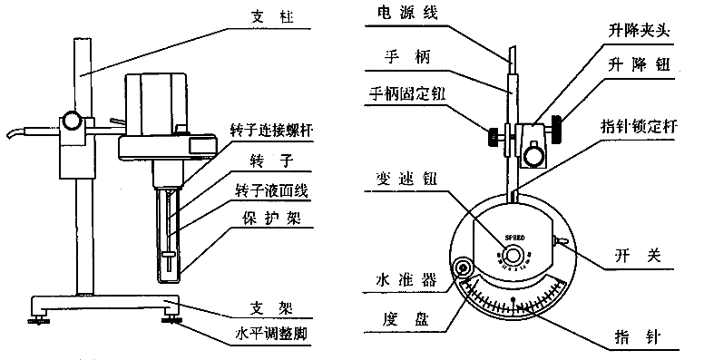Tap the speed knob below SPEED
(x=513, y=255)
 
